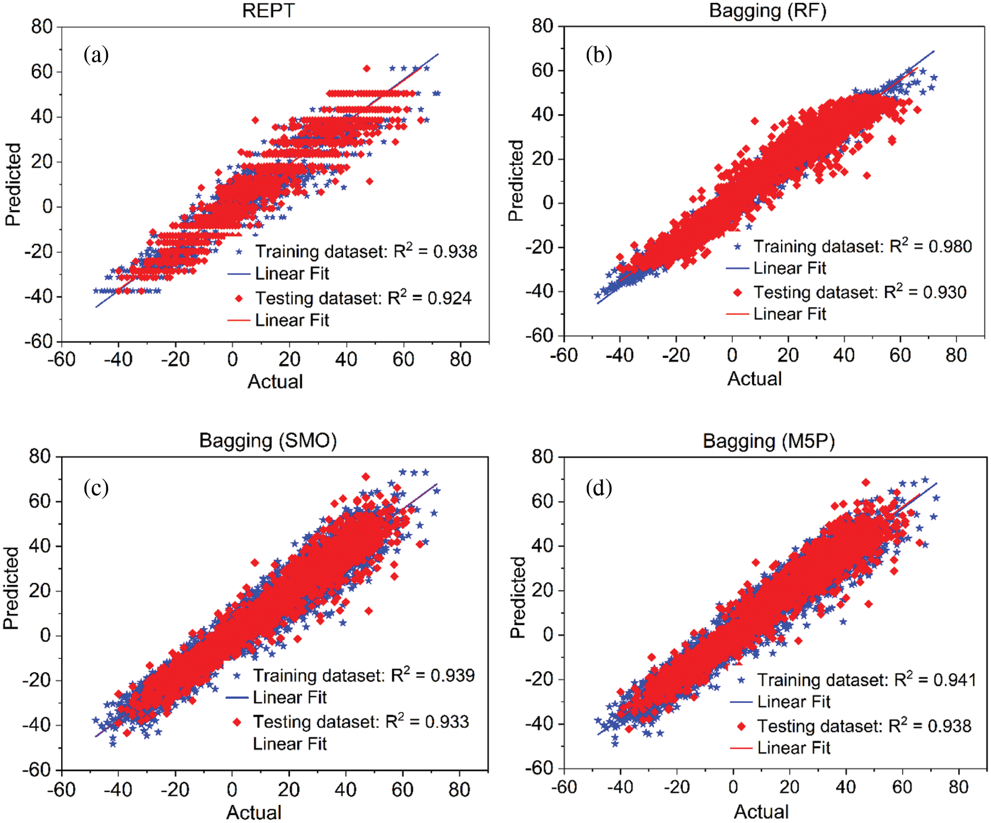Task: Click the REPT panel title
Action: tap(268, 11)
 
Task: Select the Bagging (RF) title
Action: tap(767, 11)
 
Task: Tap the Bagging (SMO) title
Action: tap(268, 441)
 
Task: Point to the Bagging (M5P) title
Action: tap(768, 441)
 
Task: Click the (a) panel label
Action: tap(96, 55)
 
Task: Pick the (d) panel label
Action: tap(599, 488)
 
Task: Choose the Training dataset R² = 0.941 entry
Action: tap(866, 680)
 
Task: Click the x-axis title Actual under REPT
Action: tap(275, 382)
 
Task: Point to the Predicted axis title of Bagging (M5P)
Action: tap(518, 597)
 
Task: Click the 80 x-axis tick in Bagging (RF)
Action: tap(956, 356)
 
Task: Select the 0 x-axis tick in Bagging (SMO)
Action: tap(232, 789)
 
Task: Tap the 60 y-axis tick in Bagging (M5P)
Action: tap(543, 501)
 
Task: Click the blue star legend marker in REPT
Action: tap(239, 251)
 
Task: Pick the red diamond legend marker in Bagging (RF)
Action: tap(737, 292)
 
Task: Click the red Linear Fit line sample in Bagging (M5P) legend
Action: tap(741, 748)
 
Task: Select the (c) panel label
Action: tap(96, 488)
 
